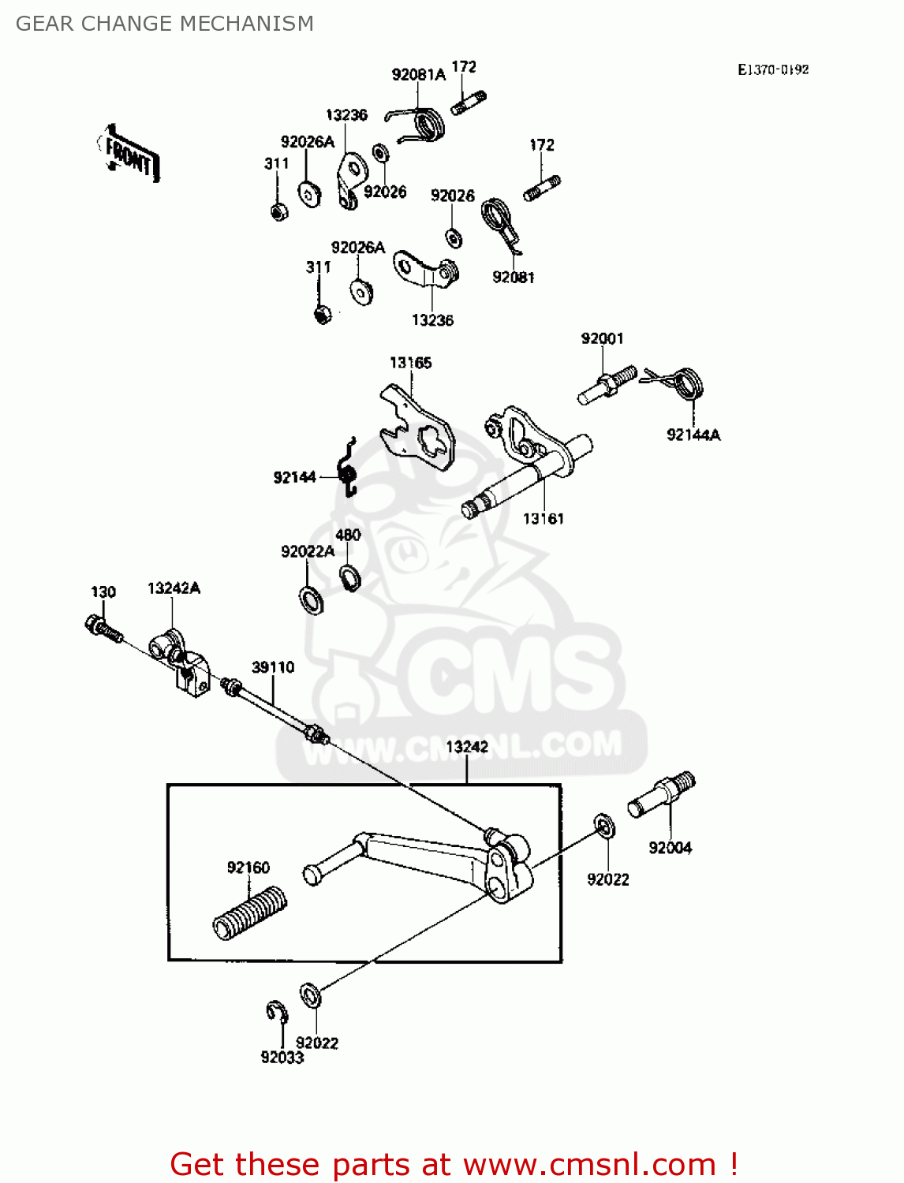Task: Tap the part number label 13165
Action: (x=410, y=363)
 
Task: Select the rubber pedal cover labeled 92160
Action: (x=250, y=912)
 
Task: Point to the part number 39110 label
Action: (x=273, y=667)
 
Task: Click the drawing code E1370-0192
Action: (x=773, y=69)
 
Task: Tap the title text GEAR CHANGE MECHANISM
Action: (x=165, y=24)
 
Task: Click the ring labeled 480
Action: (x=349, y=577)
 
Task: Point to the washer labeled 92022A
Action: (x=312, y=599)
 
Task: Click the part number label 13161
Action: (x=544, y=518)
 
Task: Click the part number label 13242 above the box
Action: (x=467, y=746)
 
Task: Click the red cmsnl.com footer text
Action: (x=454, y=1164)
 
